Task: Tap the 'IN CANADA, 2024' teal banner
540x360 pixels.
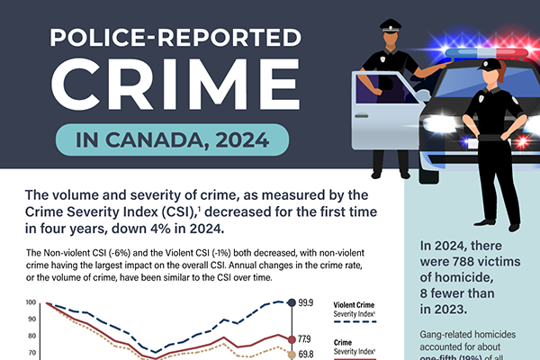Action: click(x=171, y=140)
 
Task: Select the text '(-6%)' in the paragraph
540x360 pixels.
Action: click(x=142, y=254)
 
